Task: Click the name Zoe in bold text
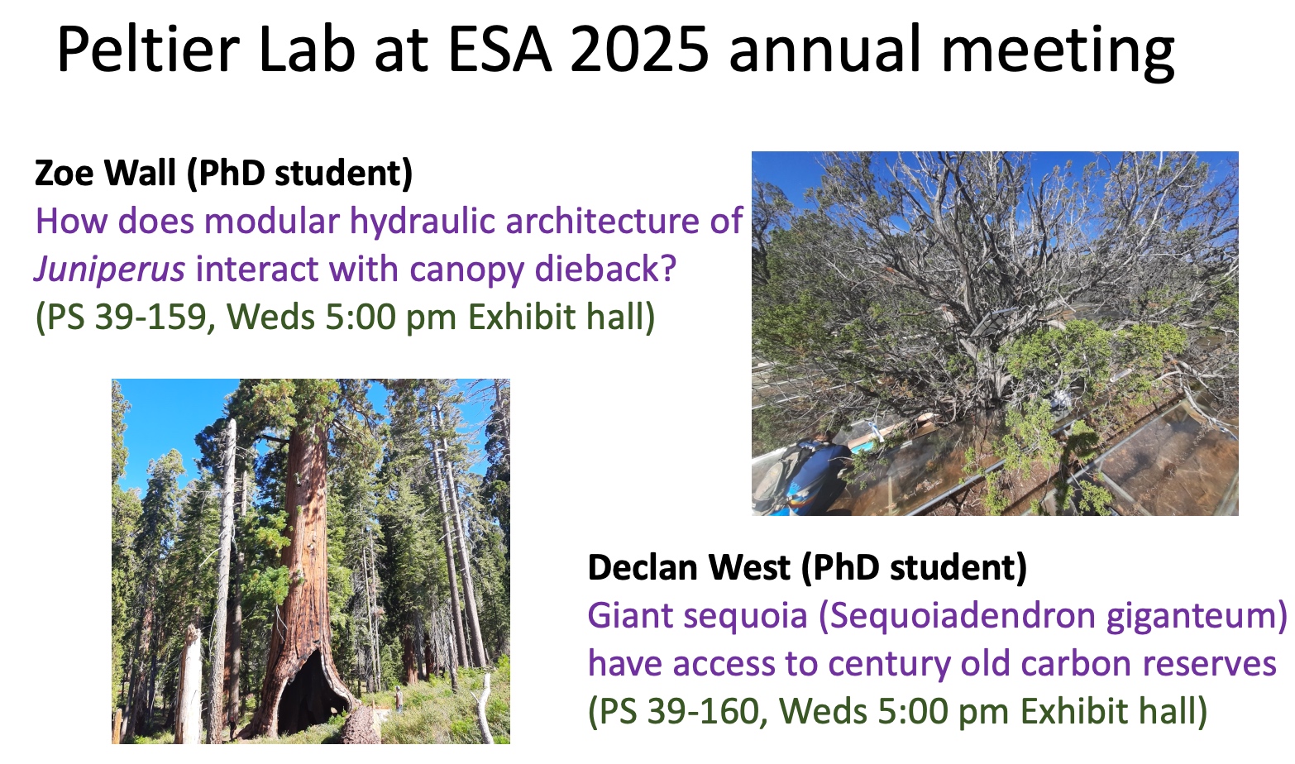click(64, 173)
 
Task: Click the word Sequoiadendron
click(958, 615)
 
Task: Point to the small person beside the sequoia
click(399, 699)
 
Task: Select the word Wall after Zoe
click(141, 173)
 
